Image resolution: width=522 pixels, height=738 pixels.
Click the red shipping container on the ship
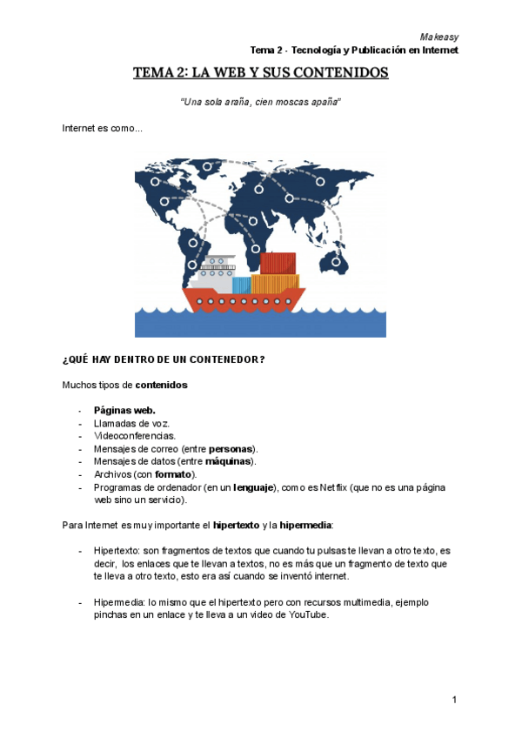(x=278, y=263)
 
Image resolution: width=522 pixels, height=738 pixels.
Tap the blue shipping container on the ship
(x=241, y=285)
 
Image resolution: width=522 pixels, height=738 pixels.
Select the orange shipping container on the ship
(x=275, y=283)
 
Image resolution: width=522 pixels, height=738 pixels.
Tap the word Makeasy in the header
(x=438, y=37)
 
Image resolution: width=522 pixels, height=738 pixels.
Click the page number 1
(x=454, y=700)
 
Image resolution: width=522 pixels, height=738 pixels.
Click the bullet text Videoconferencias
(x=135, y=435)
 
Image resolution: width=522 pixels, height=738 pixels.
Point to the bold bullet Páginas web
(x=124, y=409)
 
